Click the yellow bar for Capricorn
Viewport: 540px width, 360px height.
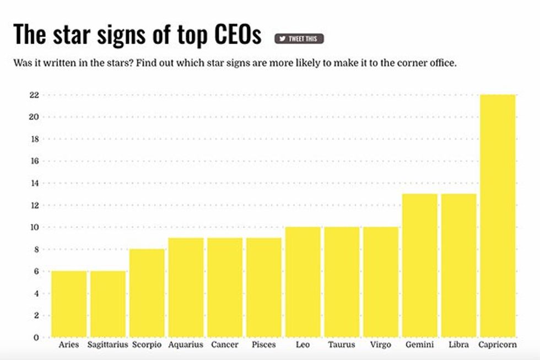[498, 216]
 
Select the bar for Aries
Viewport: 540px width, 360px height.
[69, 304]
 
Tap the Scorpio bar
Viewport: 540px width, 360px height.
[147, 293]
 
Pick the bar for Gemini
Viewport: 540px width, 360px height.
[420, 265]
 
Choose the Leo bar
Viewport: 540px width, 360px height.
[303, 282]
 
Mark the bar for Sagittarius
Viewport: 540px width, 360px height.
[108, 304]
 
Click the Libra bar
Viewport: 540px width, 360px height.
[458, 265]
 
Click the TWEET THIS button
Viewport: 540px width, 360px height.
[299, 39]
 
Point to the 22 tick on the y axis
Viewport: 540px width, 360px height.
[34, 95]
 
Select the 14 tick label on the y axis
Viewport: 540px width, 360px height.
[34, 183]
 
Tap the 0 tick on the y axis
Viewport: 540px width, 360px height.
[36, 337]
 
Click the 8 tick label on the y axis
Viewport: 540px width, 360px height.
[36, 249]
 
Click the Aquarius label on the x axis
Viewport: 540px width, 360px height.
[186, 345]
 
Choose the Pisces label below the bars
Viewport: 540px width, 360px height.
[264, 345]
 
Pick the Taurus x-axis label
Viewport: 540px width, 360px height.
[342, 345]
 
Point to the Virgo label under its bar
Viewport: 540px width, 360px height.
[381, 345]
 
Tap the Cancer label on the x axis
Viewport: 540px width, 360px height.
[225, 345]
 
